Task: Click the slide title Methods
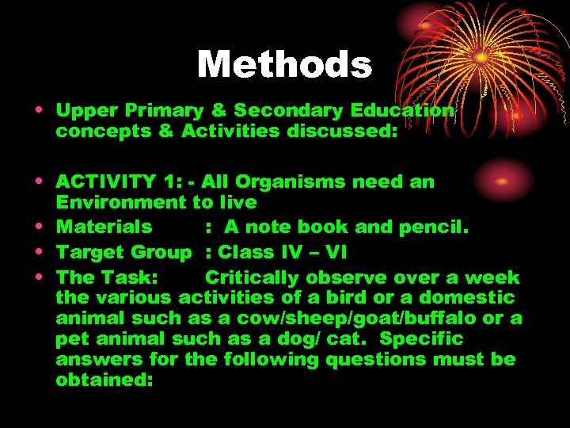284,64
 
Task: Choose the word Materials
104,227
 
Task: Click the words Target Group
124,253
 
